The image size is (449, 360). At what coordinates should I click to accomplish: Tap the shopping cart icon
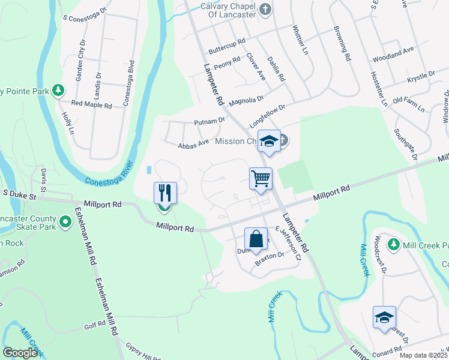coord(261,178)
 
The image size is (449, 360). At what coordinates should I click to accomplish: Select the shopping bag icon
coord(256,238)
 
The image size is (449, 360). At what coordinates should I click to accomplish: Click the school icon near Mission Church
coord(269,142)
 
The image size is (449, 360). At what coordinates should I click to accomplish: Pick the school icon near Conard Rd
coord(384,317)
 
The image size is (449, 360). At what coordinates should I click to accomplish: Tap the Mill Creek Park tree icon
coord(394,244)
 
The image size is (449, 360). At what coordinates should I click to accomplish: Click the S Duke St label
coord(20,194)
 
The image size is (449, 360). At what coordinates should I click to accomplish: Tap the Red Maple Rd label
coord(92,105)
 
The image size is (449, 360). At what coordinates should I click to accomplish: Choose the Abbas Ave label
coord(193,143)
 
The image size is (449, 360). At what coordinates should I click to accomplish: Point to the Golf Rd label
coord(95,325)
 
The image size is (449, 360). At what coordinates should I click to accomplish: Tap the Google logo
coord(19,353)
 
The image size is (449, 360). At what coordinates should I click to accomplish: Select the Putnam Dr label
coord(209,121)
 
